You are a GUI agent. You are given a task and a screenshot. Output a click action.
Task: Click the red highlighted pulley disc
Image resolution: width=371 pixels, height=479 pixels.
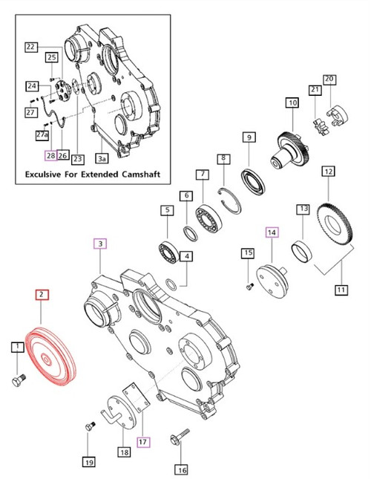click(51, 357)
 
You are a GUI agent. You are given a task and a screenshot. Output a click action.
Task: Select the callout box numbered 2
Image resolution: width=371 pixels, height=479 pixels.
click(43, 295)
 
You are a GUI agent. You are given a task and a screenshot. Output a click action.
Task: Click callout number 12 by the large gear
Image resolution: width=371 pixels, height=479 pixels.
click(327, 172)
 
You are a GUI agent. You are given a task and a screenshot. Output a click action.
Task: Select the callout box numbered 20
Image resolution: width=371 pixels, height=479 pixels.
click(330, 79)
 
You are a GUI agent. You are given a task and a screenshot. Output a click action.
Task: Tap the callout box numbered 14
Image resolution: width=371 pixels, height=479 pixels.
click(272, 232)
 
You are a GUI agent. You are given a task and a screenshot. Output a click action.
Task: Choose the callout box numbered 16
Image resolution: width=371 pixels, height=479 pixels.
click(180, 469)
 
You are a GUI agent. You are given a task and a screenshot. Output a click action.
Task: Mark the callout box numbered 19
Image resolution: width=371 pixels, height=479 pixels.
click(89, 462)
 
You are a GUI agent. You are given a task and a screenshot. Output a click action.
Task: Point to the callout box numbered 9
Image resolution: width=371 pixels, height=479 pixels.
click(249, 137)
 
